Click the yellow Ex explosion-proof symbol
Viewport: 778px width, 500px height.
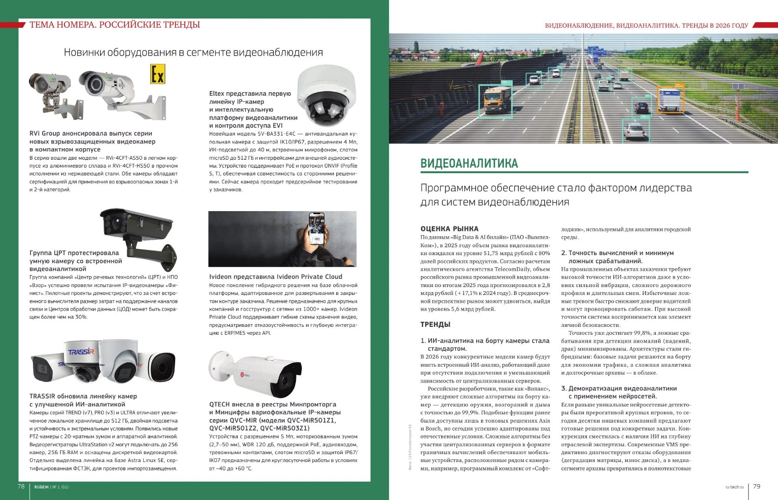[157, 74]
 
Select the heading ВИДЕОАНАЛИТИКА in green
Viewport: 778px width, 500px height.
[469, 163]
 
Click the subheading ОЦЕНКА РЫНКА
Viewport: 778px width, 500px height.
[449, 229]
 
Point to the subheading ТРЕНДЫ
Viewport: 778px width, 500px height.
[435, 325]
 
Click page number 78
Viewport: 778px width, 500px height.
[21, 486]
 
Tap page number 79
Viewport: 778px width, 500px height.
[757, 486]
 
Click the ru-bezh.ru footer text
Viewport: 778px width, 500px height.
[734, 487]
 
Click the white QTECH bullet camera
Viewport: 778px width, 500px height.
[252, 370]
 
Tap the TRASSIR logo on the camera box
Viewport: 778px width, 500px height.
[81, 352]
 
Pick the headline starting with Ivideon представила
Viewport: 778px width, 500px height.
[276, 277]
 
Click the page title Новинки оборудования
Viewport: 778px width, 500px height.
[193, 52]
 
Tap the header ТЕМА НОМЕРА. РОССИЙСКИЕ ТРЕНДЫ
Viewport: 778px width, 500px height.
[114, 25]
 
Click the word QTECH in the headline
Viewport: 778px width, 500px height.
[220, 404]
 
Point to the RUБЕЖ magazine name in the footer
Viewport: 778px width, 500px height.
[39, 487]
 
